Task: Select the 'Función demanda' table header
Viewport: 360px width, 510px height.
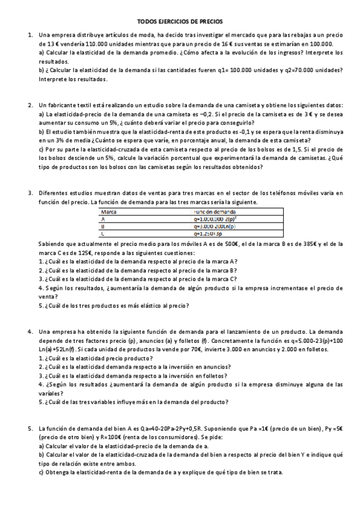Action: coord(215,212)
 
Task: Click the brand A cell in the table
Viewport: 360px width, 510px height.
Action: coord(103,220)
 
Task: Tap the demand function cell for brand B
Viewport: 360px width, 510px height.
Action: coord(214,227)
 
